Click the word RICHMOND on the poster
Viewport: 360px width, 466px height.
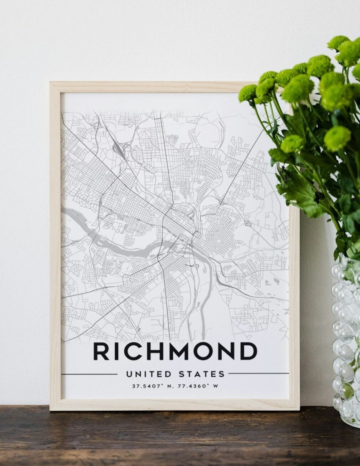(175, 351)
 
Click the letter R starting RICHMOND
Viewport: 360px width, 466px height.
(101, 351)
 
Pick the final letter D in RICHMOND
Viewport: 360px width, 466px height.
(248, 351)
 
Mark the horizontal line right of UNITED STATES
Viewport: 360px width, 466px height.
(258, 373)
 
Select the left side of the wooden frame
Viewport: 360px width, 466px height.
(55, 245)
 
